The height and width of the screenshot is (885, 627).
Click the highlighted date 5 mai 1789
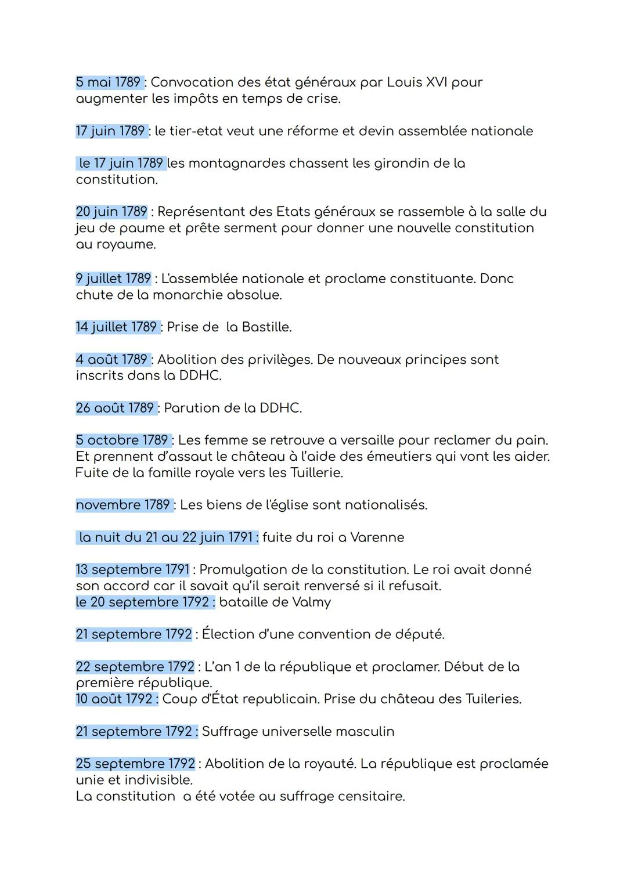coord(109,82)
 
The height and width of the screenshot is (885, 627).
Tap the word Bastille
coord(266,327)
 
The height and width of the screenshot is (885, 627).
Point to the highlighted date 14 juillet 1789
coord(117,327)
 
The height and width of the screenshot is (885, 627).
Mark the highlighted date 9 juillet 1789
coord(113,279)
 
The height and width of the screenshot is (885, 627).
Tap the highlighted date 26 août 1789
coord(115,409)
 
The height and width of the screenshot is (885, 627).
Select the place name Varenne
coord(377,537)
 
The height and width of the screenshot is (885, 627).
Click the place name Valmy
coord(308,602)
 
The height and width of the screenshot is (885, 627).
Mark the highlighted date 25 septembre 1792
coord(135,764)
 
